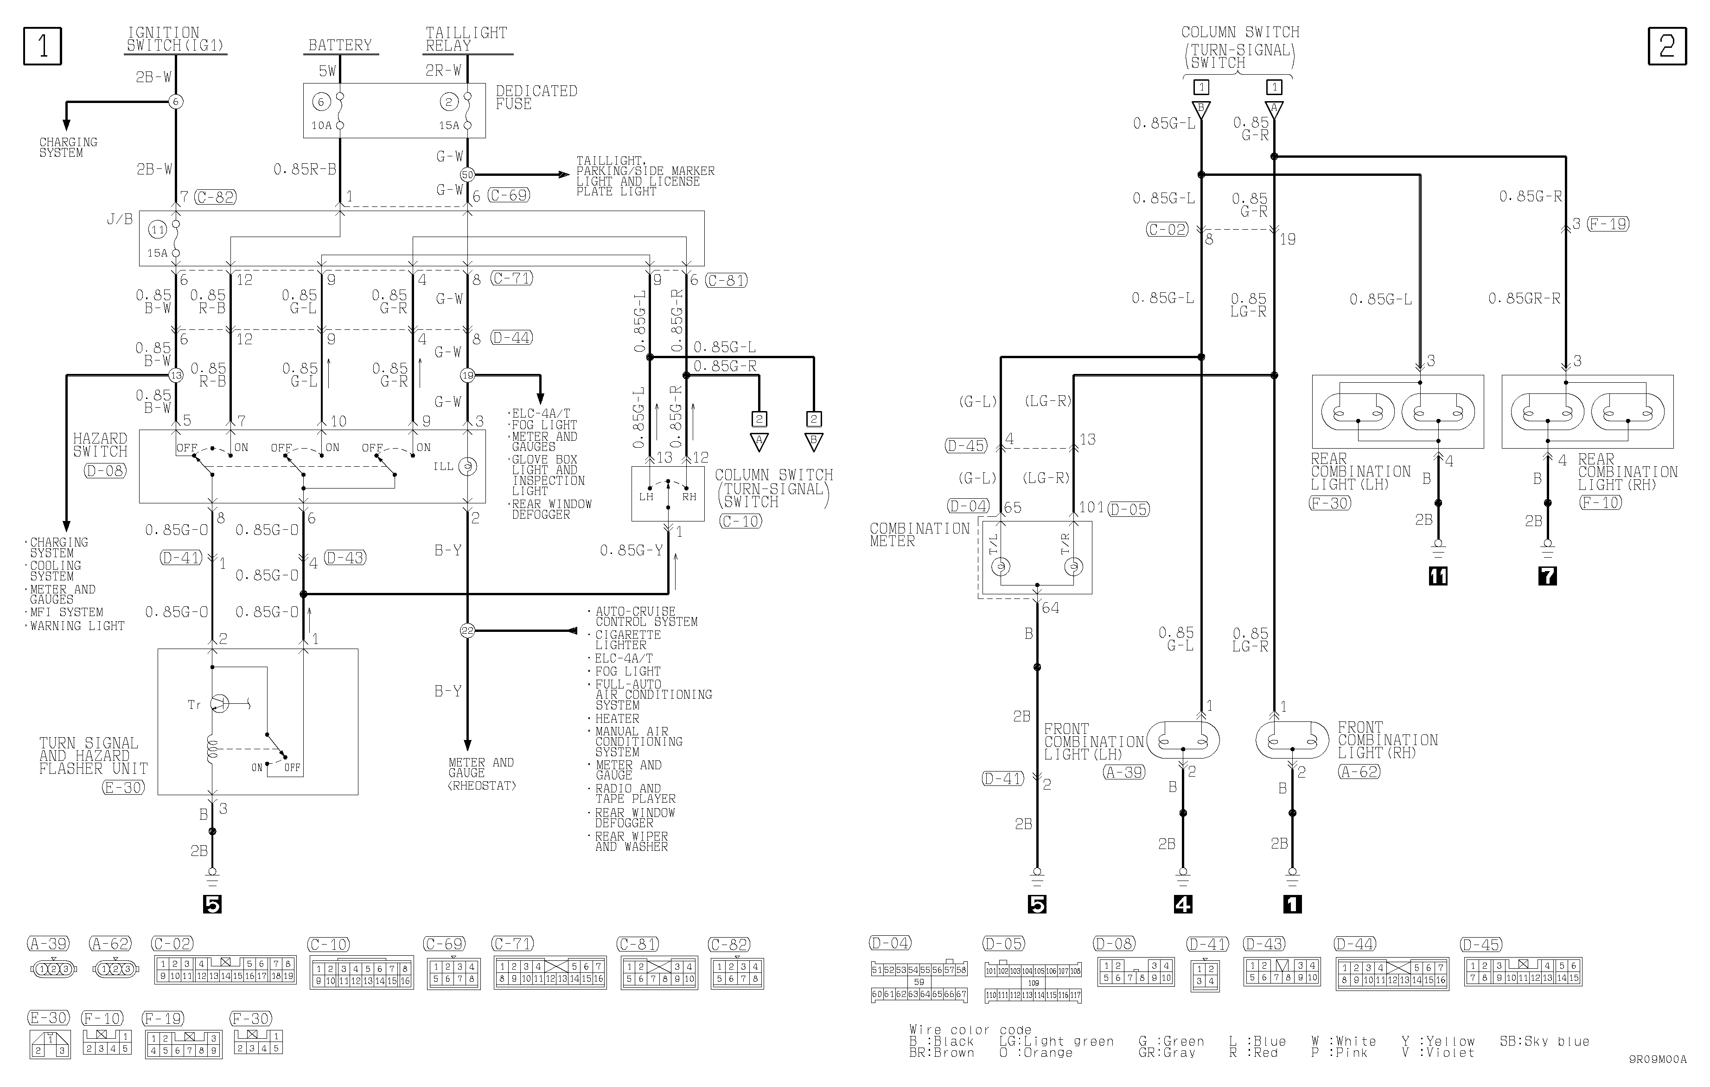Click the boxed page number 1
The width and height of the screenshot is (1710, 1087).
[x=43, y=46]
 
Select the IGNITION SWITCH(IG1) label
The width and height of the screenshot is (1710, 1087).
[x=175, y=39]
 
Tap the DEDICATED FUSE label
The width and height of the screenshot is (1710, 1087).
[x=536, y=97]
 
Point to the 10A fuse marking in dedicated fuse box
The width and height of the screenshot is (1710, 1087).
[x=322, y=126]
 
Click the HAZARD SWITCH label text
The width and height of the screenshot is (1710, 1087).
[x=100, y=445]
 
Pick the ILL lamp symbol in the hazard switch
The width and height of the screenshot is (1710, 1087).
[x=467, y=467]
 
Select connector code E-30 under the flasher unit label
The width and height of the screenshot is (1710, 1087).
[x=123, y=787]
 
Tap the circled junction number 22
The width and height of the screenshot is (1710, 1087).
[x=467, y=630]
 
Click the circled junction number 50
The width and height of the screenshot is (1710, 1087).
[x=467, y=174]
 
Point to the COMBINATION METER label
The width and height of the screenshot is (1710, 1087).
[x=919, y=534]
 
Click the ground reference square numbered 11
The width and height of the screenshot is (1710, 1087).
[x=1438, y=575]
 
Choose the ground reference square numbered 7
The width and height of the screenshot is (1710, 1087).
[x=1547, y=575]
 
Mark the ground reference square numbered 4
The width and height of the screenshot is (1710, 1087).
[x=1183, y=904]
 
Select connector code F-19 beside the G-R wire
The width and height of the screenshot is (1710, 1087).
[x=1608, y=224]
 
